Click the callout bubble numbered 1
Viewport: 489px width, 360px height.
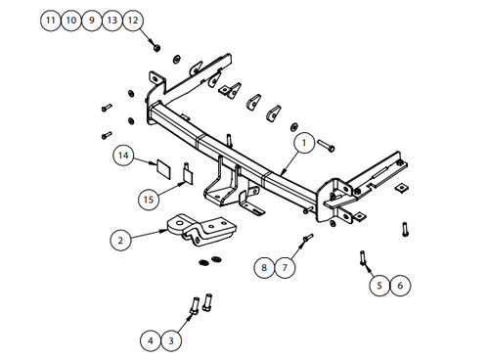click(304, 143)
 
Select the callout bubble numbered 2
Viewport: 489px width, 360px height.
click(120, 241)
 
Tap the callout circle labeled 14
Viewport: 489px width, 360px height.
click(123, 156)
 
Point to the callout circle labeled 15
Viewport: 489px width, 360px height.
click(149, 200)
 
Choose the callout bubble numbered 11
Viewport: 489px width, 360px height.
click(51, 21)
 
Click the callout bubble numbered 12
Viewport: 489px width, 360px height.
click(133, 21)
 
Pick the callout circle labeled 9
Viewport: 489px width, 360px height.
click(92, 21)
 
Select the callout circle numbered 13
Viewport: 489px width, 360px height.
click(112, 21)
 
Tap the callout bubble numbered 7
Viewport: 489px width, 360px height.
click(285, 268)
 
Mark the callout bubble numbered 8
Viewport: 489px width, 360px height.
click(264, 268)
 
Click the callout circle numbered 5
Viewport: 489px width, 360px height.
click(379, 286)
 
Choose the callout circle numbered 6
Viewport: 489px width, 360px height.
click(400, 286)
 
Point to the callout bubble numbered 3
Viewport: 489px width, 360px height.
click(171, 340)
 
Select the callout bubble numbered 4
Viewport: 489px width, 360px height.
click(151, 340)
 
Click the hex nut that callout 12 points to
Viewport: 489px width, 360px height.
click(156, 48)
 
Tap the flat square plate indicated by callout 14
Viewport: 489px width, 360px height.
click(163, 169)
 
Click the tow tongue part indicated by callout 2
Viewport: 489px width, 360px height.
click(202, 230)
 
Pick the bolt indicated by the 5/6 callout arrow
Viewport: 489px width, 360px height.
click(363, 257)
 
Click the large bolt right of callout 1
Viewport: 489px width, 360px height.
click(326, 145)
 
